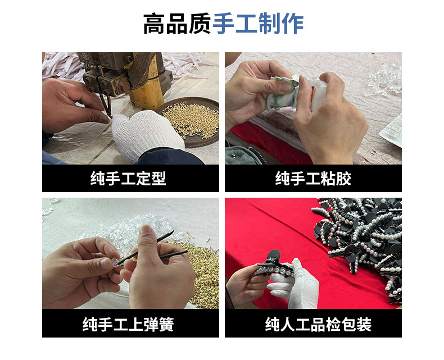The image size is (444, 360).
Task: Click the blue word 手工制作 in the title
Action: pyautogui.click(x=258, y=24)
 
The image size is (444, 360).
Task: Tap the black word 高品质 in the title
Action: pyautogui.click(x=177, y=24)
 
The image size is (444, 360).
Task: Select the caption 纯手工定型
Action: pyautogui.click(x=130, y=179)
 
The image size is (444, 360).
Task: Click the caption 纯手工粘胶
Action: pyautogui.click(x=313, y=179)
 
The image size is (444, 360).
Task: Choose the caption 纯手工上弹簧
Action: pyautogui.click(x=130, y=324)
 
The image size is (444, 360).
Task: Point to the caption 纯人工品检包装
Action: pyautogui.click(x=313, y=324)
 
